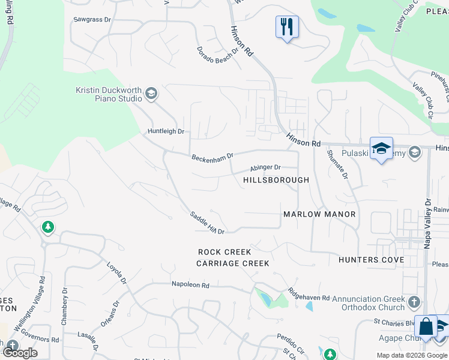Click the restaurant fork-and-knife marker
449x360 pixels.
pyautogui.click(x=287, y=27)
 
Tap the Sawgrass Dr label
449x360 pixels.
pyautogui.click(x=92, y=20)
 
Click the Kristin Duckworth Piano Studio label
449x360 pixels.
pyautogui.click(x=108, y=94)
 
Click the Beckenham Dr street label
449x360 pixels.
pyautogui.click(x=212, y=157)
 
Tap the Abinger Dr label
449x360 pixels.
pyautogui.click(x=265, y=168)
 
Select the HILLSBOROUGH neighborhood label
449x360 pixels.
pyautogui.click(x=276, y=180)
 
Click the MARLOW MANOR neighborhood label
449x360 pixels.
pyautogui.click(x=319, y=214)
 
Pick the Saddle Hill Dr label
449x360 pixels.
pyautogui.click(x=207, y=223)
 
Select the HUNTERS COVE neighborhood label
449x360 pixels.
pyautogui.click(x=371, y=260)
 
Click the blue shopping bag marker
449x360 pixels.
pyautogui.click(x=426, y=327)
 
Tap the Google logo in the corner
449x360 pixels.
pyautogui.click(x=20, y=353)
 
